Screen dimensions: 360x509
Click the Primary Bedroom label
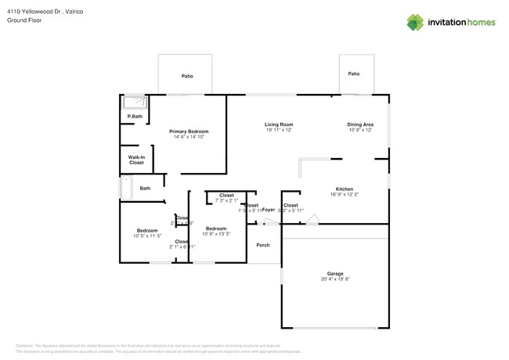click(x=190, y=131)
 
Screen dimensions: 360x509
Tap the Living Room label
click(x=278, y=124)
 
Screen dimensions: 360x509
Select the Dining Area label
click(x=360, y=124)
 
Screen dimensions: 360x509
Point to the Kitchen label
click(x=345, y=189)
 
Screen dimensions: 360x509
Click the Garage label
click(x=335, y=274)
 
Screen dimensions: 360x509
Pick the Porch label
click(x=263, y=245)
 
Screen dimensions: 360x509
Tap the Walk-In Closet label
click(x=136, y=160)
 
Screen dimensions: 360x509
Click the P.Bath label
click(x=135, y=117)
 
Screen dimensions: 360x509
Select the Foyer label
click(x=268, y=210)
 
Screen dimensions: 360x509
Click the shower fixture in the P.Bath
click(x=135, y=102)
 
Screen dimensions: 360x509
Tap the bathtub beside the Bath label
click(x=125, y=188)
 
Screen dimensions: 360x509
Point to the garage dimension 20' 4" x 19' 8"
click(x=335, y=279)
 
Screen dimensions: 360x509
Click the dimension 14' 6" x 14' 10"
click(x=190, y=137)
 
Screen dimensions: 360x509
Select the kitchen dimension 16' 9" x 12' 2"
click(x=345, y=195)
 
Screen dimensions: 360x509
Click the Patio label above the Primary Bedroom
click(x=187, y=76)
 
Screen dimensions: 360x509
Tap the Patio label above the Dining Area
click(x=354, y=74)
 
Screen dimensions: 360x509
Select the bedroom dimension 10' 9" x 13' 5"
click(x=216, y=234)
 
